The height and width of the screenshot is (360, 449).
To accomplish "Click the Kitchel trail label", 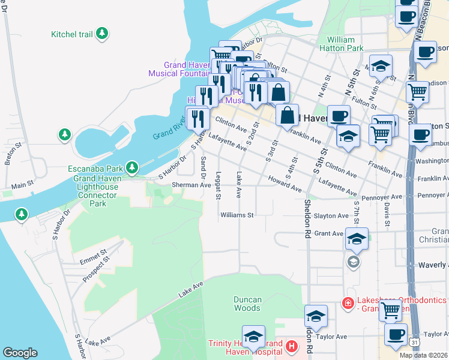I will [72, 34].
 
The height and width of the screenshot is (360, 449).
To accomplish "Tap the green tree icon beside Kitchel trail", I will [103, 34].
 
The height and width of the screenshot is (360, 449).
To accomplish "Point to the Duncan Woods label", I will [247, 304].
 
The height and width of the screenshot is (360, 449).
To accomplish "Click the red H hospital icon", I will [291, 346].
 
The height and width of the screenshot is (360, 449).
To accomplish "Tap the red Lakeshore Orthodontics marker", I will [347, 304].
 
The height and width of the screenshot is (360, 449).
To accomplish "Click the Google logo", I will [20, 353].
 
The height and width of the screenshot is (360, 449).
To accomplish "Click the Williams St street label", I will [237, 215].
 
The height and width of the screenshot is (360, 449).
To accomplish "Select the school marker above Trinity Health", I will [254, 337].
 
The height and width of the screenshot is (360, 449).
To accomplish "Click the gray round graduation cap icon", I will [353, 262].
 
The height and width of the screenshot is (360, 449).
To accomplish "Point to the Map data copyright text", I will [424, 355].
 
